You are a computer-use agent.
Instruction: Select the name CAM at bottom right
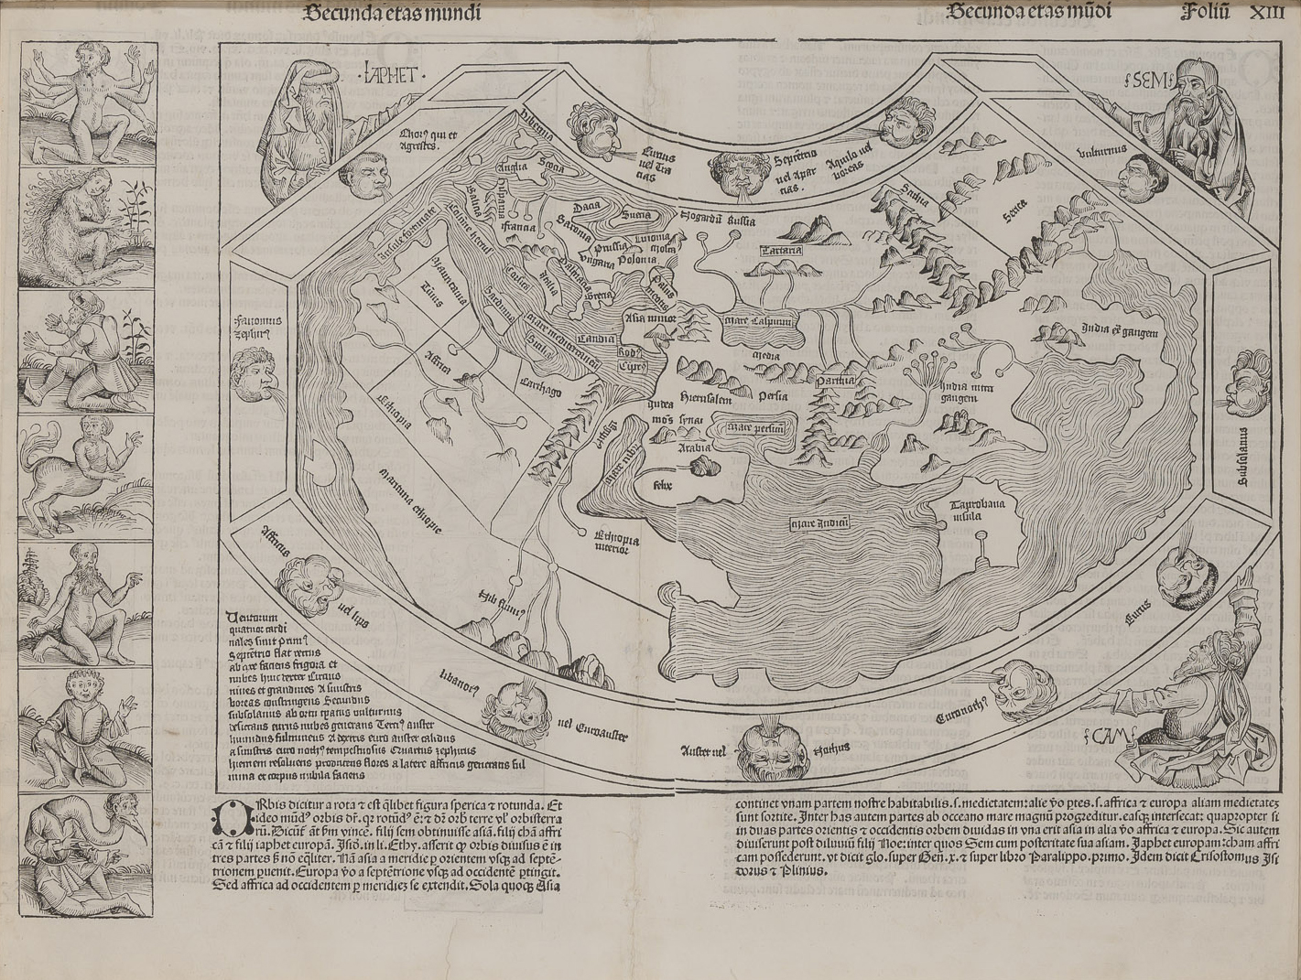click(1111, 733)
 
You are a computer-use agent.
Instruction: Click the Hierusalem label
click(703, 398)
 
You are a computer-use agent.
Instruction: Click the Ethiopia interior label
click(615, 544)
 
